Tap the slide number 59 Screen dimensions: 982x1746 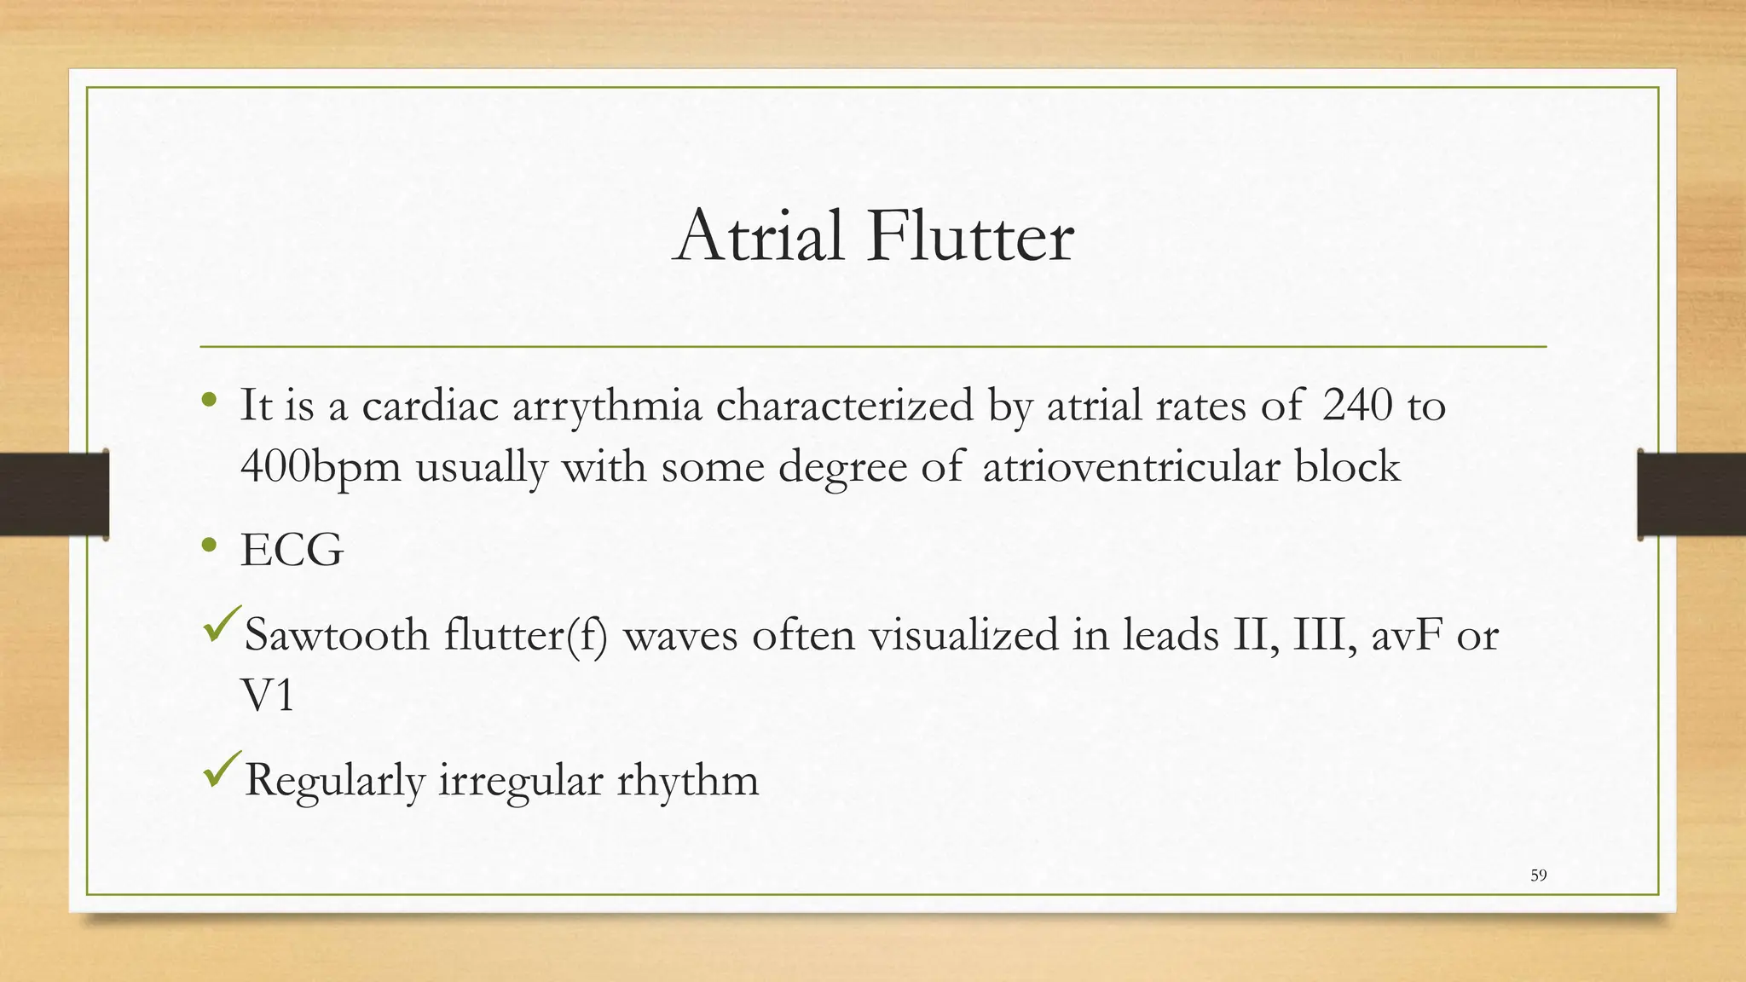[1538, 875]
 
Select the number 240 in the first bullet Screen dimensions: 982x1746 [1356, 405]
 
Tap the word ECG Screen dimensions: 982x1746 [292, 550]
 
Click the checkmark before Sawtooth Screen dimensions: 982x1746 [223, 625]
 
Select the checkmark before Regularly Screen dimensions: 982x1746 [223, 770]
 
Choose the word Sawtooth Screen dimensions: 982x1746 [336, 635]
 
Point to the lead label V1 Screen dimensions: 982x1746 [267, 696]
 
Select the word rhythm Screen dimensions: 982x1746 [687, 781]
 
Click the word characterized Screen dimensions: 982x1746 [844, 405]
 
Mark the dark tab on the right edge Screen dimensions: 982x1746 [1691, 494]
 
